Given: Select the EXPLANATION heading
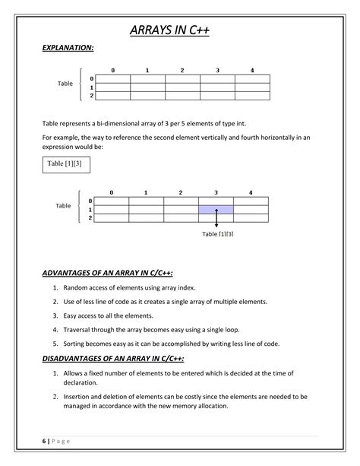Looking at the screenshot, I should [68, 48].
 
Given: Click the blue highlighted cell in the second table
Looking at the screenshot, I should [216, 209].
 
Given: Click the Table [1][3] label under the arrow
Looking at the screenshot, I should [217, 234].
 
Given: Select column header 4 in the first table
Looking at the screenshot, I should [252, 71].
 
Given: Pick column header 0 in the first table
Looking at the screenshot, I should [113, 71].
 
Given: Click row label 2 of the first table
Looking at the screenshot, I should [92, 97].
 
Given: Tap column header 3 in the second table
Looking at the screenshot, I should [216, 192].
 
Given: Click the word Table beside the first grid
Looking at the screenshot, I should [65, 84].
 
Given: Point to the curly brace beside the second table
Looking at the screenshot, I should [81, 209].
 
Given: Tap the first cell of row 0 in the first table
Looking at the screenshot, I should [113, 79].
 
